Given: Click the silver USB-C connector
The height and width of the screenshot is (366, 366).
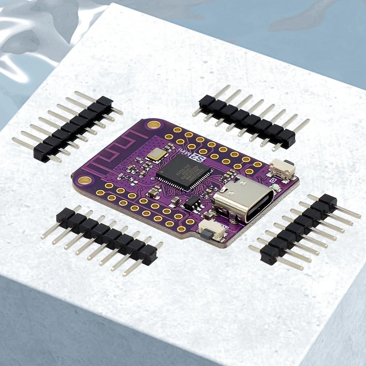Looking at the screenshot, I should (241, 198).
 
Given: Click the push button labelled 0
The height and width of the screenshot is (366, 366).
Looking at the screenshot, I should (282, 169).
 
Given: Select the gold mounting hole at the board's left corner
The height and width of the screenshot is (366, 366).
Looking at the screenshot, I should (84, 180).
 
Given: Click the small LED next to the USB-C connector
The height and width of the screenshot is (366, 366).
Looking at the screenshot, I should (276, 187).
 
